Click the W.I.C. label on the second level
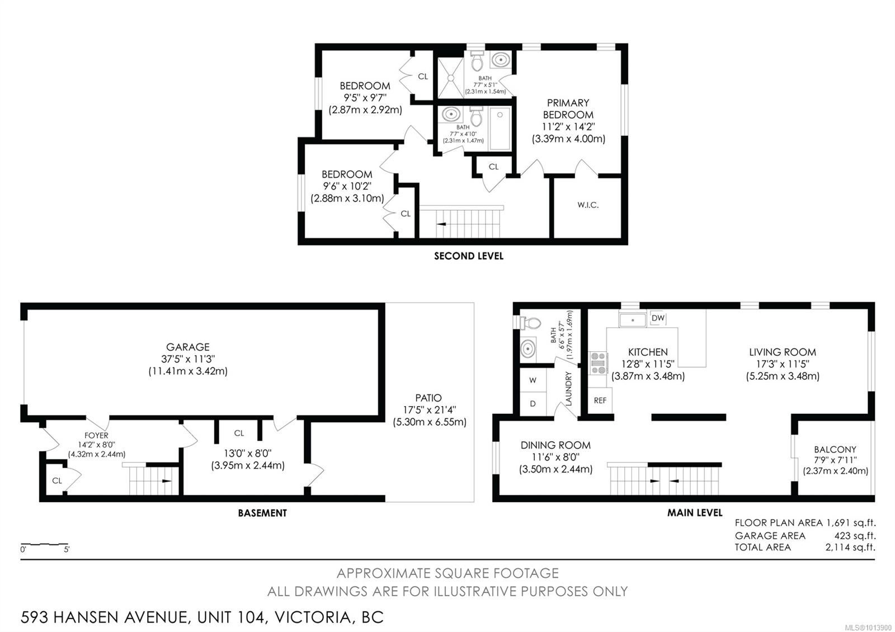point(588,205)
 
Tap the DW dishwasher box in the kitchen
point(658,318)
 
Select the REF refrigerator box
point(600,400)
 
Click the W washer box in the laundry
point(533,380)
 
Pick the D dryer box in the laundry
point(533,404)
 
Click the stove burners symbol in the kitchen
point(598,363)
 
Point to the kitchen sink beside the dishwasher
point(633,320)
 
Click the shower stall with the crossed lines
point(451,78)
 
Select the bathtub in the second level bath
point(500,128)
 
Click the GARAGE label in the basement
point(188,347)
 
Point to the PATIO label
point(428,398)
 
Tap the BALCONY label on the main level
point(835,450)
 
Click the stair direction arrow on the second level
point(441,224)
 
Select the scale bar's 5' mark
point(67,549)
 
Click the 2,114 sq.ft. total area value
point(851,548)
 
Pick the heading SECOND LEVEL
point(469,256)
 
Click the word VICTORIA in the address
point(313,617)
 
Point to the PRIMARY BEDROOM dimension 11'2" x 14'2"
point(568,126)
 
